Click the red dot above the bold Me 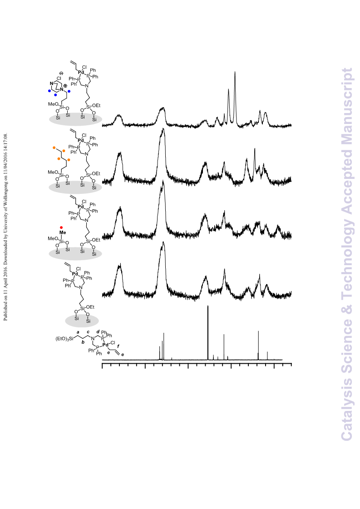coord(61,227)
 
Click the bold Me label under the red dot coord(63,232)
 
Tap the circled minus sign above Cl coord(61,74)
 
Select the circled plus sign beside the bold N coord(65,86)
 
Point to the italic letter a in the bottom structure coord(78,332)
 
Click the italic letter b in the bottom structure coord(83,341)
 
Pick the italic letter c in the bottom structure coord(88,332)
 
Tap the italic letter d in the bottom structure coord(98,331)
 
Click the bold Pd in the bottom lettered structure coord(105,345)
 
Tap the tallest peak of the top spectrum coord(235,72)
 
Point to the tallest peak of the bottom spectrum coord(208,306)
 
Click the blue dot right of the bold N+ coord(69,91)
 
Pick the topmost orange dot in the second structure coord(54,148)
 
